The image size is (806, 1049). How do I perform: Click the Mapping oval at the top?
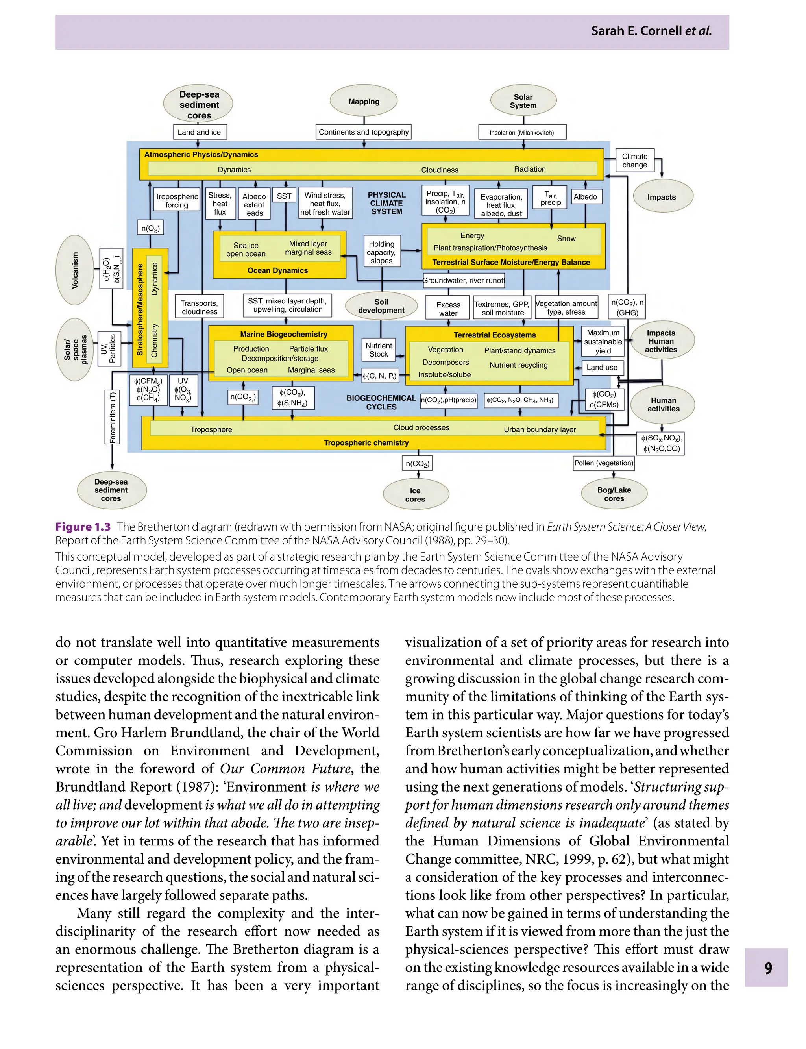(x=364, y=101)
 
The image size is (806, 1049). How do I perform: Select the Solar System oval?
(x=523, y=101)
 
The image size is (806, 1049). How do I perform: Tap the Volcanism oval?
(x=75, y=270)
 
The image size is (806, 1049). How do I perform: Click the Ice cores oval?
(x=416, y=495)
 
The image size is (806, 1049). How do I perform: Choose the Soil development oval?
(x=381, y=306)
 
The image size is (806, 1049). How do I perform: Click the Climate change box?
(x=634, y=161)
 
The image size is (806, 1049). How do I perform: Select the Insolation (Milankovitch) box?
(x=521, y=132)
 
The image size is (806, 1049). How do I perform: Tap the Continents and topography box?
(x=364, y=132)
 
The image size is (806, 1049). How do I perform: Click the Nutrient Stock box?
(x=379, y=350)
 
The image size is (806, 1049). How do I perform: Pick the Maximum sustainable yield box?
(x=603, y=342)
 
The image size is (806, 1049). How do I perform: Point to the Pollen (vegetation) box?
(x=604, y=463)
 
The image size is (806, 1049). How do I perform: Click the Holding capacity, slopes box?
(x=381, y=252)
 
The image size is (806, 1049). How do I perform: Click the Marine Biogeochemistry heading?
(x=283, y=334)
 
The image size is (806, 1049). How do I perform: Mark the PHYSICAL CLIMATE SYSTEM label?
(x=387, y=203)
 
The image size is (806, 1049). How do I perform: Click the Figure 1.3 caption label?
(x=83, y=527)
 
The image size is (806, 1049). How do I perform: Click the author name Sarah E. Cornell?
(x=636, y=31)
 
